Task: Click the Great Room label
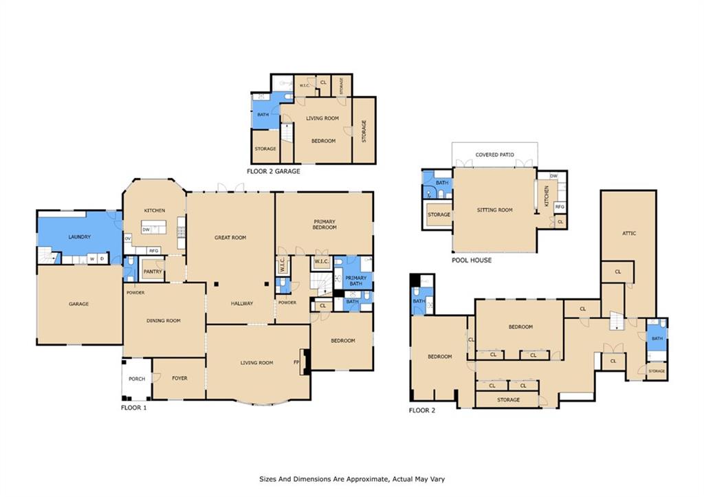(230, 237)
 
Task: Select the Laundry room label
(80, 236)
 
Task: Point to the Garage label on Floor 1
(78, 304)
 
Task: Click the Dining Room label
(164, 320)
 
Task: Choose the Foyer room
(179, 378)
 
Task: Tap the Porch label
(137, 379)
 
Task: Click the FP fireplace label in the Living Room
(296, 362)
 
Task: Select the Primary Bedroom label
(324, 225)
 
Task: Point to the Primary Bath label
(356, 280)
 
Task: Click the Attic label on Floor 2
(629, 234)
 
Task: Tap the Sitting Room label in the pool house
(495, 210)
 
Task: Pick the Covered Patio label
(495, 155)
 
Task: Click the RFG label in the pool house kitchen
(560, 207)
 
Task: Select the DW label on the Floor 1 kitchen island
(146, 230)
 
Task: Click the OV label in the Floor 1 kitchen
(128, 239)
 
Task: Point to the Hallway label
(242, 304)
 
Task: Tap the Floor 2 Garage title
(274, 171)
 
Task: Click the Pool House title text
(472, 260)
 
